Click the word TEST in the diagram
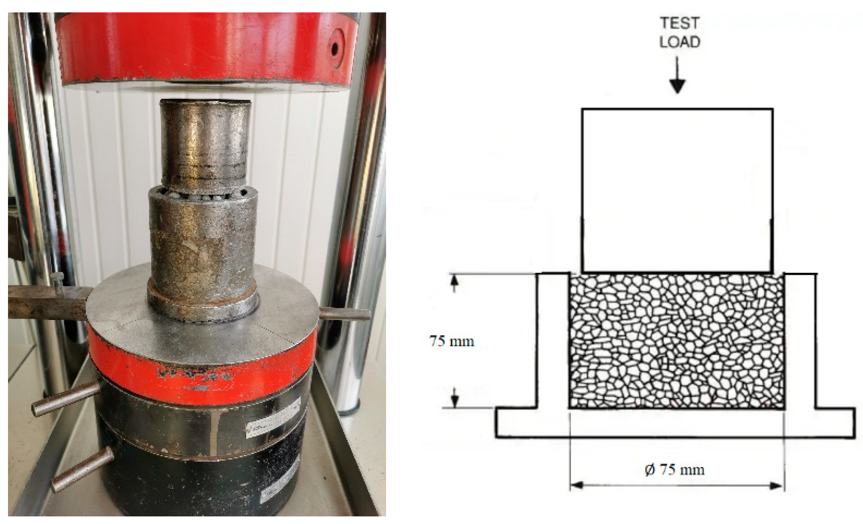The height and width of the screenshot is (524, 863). tap(679, 23)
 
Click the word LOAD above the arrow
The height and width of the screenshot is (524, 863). tap(679, 42)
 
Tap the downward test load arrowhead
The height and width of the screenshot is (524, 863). tap(677, 86)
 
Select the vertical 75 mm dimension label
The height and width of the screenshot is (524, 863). tap(452, 342)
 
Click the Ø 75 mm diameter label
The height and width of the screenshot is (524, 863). tap(675, 469)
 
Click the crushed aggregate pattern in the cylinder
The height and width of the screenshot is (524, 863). tap(676, 340)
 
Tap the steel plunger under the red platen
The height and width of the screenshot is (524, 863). tap(205, 144)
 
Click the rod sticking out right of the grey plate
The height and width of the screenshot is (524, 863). tap(344, 314)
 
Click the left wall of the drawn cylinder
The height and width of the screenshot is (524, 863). tap(552, 340)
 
